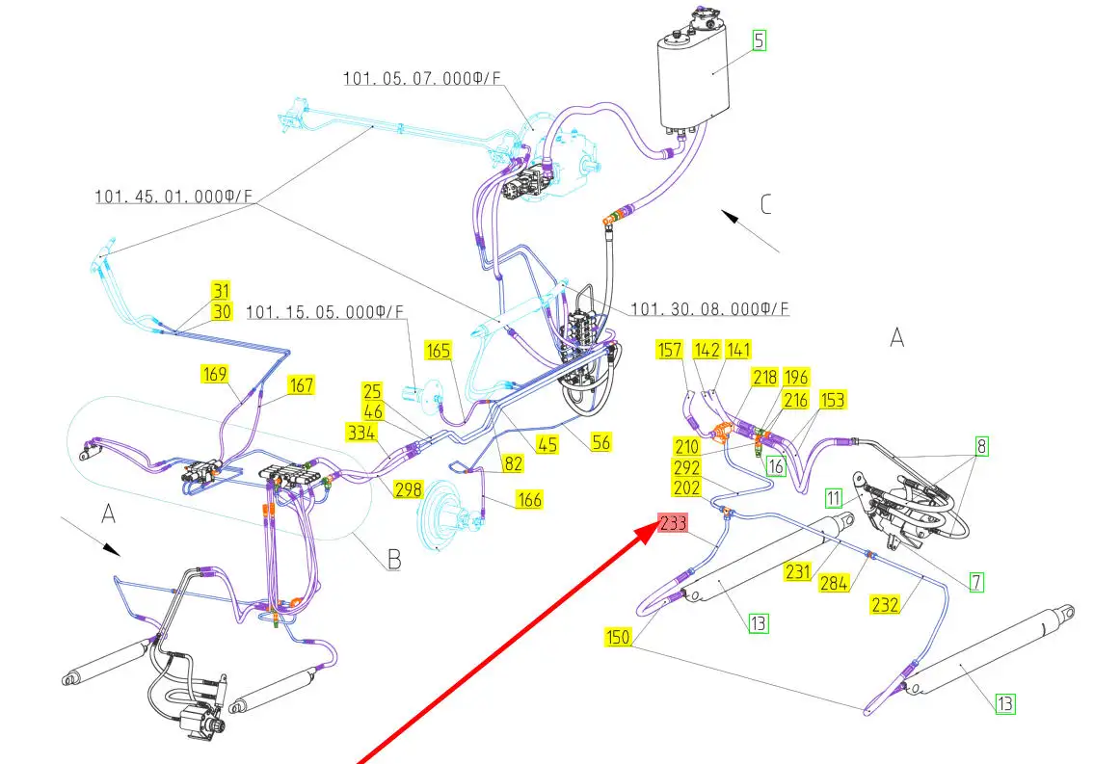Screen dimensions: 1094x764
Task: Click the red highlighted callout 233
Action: click(674, 523)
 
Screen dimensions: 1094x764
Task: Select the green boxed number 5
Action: click(760, 40)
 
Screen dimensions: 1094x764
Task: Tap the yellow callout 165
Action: click(439, 350)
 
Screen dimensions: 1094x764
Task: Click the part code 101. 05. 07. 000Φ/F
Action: click(422, 78)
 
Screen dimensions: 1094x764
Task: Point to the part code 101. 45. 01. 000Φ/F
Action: click(173, 197)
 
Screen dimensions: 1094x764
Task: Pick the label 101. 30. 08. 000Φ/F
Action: click(709, 309)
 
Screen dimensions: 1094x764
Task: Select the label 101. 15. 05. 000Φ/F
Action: click(325, 311)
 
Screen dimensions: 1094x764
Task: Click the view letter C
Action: click(765, 204)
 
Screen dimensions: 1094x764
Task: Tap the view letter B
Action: click(394, 559)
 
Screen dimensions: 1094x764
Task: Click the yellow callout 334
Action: click(361, 433)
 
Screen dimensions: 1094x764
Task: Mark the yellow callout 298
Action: click(408, 489)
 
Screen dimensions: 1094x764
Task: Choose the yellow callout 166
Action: click(529, 500)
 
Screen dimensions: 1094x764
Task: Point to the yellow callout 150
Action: click(618, 637)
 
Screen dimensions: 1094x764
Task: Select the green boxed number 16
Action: click(776, 465)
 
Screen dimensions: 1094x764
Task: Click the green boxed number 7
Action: click(976, 582)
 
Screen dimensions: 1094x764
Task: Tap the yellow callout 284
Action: click(834, 583)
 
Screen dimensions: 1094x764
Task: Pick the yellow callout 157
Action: click(669, 350)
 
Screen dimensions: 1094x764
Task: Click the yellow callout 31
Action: click(221, 291)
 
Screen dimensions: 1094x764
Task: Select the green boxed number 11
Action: click(834, 498)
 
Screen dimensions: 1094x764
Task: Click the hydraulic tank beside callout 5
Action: click(694, 69)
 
